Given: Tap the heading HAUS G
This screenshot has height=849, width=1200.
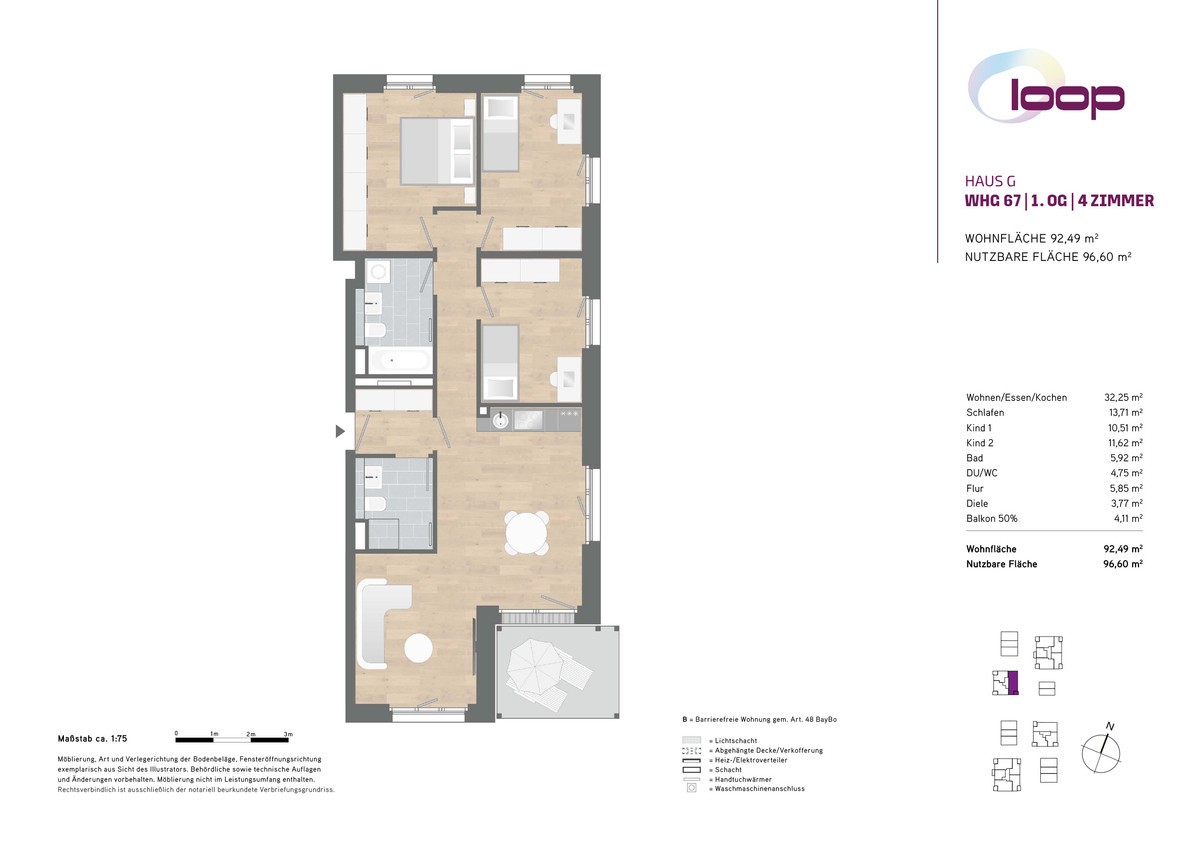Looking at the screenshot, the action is [x=990, y=181].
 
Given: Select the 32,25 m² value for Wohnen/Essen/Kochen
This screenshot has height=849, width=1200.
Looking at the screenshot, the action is [x=1123, y=397].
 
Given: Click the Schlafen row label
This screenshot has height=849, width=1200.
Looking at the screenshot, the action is [x=985, y=412].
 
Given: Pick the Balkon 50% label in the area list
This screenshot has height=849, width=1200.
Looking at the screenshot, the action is [x=991, y=519].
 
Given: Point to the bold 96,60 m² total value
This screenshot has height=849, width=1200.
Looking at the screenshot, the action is [x=1123, y=564].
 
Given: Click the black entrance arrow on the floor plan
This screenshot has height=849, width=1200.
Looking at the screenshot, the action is [x=340, y=431].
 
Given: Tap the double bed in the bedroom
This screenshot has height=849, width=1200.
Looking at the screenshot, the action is [x=437, y=151].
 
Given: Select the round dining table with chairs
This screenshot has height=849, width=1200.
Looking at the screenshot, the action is [x=527, y=534].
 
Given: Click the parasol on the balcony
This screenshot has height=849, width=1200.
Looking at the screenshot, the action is [x=535, y=666].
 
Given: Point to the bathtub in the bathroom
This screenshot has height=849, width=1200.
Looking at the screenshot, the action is [x=399, y=360].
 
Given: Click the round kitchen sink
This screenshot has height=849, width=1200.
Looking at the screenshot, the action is [x=500, y=420].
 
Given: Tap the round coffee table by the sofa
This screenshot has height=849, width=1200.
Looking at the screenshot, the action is [x=418, y=648].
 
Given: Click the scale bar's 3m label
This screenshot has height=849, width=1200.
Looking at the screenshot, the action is [x=288, y=734].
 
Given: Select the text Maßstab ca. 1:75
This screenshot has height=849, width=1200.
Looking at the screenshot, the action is [x=92, y=739].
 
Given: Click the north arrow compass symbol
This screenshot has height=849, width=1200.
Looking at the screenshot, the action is [x=1101, y=750].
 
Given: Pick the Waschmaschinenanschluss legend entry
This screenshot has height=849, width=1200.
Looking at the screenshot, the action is [x=746, y=788].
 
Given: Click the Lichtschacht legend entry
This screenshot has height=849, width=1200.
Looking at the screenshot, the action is [x=719, y=740].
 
